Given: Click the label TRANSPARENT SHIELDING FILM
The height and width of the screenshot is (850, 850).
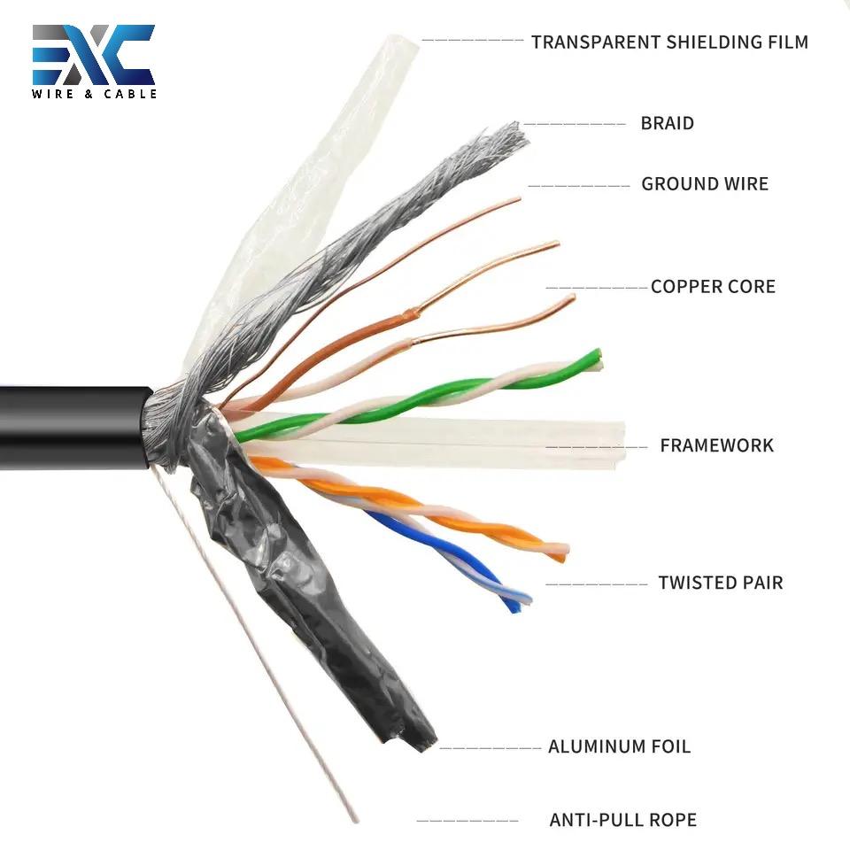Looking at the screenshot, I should pyautogui.click(x=669, y=42).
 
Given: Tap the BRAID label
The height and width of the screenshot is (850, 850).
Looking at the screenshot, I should pyautogui.click(x=667, y=123).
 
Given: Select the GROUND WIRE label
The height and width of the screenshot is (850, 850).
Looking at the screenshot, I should pyautogui.click(x=705, y=184).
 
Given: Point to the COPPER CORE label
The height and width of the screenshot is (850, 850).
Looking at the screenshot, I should pyautogui.click(x=713, y=287).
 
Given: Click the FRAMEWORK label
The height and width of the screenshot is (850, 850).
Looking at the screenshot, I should pyautogui.click(x=716, y=445).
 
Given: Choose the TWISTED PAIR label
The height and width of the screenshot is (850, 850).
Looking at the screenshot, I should pyautogui.click(x=720, y=583).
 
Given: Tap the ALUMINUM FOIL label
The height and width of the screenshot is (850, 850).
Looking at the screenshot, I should pyautogui.click(x=619, y=746).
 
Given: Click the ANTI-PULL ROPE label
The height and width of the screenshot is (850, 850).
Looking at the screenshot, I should pyautogui.click(x=622, y=820).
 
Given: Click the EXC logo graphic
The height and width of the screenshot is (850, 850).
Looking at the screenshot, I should pyautogui.click(x=94, y=55).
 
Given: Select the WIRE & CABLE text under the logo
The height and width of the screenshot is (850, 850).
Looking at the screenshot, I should pyautogui.click(x=94, y=93).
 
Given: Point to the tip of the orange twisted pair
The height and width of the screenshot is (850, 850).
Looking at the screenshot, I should pyautogui.click(x=560, y=553).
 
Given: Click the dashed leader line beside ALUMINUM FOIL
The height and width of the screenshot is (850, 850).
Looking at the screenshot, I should pyautogui.click(x=490, y=748).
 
